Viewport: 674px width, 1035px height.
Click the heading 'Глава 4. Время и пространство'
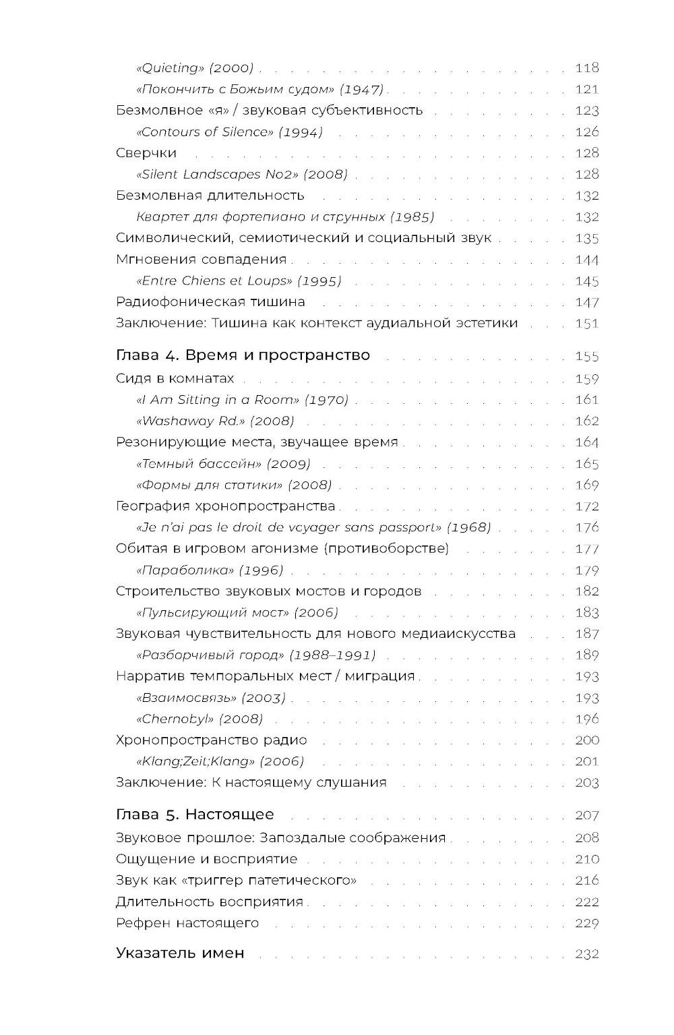(243, 355)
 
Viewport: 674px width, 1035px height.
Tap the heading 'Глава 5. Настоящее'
(195, 815)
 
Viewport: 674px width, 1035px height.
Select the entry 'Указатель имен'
(180, 953)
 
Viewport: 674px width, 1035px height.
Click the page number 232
(586, 954)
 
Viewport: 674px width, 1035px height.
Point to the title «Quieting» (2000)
(195, 68)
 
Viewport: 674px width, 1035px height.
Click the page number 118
(586, 68)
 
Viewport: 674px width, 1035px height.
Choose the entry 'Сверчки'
(146, 153)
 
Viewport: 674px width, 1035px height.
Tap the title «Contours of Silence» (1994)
(229, 132)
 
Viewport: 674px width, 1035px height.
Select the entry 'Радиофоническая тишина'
(210, 302)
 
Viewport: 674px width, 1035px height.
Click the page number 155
(586, 357)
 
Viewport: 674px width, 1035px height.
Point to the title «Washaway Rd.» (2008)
(215, 421)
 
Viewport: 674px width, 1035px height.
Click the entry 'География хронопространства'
(225, 506)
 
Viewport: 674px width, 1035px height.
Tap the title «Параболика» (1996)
(210, 570)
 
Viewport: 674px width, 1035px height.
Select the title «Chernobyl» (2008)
(200, 719)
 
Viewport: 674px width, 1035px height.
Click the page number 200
(586, 740)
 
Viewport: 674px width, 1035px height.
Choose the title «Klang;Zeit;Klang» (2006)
(220, 761)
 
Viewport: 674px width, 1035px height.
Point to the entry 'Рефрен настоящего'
(187, 923)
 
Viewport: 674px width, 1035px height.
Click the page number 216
(586, 881)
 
